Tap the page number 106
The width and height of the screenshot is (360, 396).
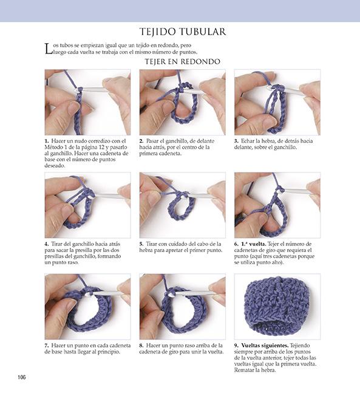pos(22,377)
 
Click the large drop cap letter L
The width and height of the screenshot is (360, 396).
pos(48,49)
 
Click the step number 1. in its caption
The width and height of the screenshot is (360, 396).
pos(47,141)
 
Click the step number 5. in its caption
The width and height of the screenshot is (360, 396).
pos(141,244)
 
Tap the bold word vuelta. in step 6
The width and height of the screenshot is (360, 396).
pos(257,244)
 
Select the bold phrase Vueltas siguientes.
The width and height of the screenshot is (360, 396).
pos(265,346)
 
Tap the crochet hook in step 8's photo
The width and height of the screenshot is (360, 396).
pos(193,294)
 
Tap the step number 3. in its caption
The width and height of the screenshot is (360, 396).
pos(236,141)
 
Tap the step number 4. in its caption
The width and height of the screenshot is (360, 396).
pos(47,244)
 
